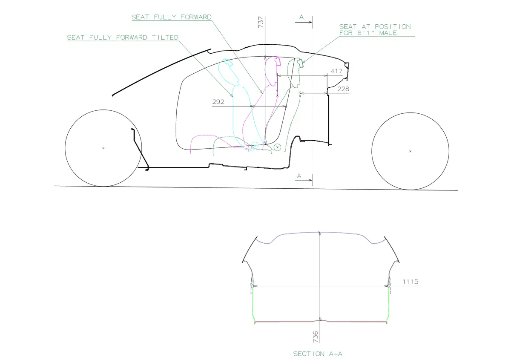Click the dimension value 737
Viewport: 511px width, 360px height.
coord(261,22)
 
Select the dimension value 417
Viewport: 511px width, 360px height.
coord(336,72)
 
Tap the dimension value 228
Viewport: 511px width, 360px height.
coord(343,89)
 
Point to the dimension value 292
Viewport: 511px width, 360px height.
coord(218,102)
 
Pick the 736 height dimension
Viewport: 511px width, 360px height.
coord(315,337)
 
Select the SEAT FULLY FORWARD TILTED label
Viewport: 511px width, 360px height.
coord(123,37)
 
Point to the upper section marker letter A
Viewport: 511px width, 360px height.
coord(301,17)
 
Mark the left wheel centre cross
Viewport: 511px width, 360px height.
coord(103,148)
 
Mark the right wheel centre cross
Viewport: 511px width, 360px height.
coord(410,151)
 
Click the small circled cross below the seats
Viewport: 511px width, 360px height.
coord(277,147)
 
